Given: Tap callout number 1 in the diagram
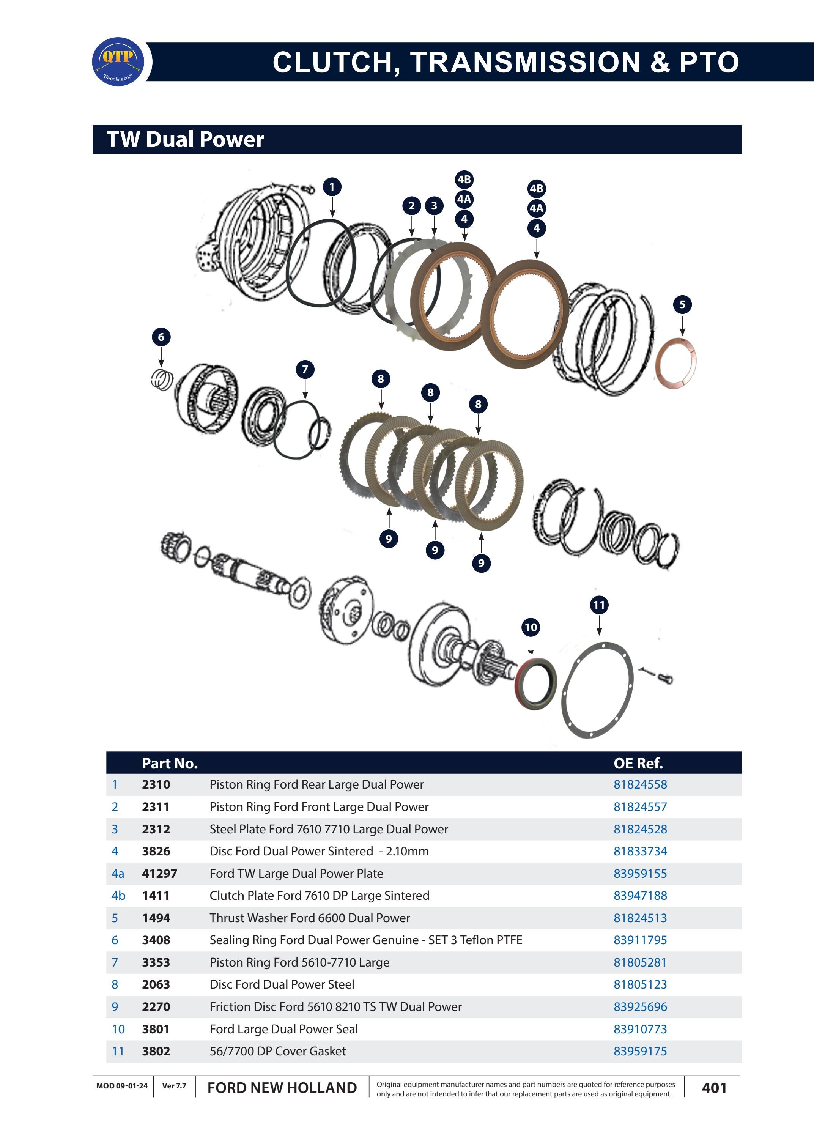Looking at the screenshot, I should click(332, 187).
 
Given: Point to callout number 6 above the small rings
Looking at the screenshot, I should click(161, 337).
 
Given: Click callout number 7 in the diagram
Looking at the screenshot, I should click(305, 370).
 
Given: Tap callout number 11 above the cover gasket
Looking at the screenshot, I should click(599, 605).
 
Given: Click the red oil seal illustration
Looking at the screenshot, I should click(536, 684).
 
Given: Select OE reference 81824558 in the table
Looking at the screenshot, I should click(640, 784).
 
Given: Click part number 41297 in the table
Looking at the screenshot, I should click(159, 874).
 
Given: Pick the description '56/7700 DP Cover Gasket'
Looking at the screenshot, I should click(278, 1051).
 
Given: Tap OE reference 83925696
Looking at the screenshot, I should click(640, 1007).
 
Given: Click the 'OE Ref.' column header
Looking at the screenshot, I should click(638, 764).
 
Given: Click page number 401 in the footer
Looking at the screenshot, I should click(714, 1088).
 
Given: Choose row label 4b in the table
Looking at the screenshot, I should click(118, 896).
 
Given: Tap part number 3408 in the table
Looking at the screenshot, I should click(156, 940).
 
